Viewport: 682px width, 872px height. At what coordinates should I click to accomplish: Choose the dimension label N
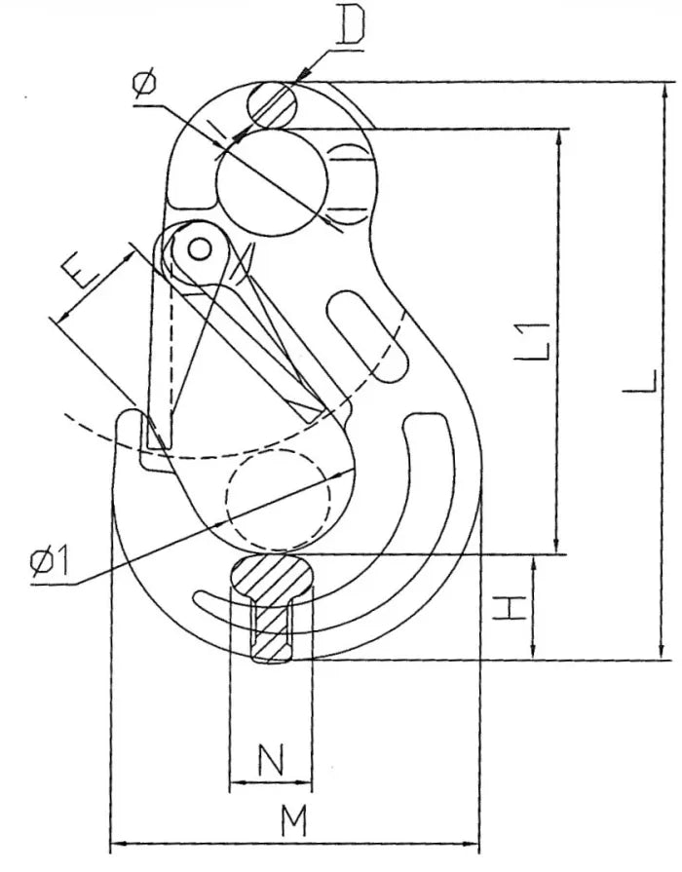(271, 760)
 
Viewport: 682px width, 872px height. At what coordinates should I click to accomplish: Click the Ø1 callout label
(50, 560)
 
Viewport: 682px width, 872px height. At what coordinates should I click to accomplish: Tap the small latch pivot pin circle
(199, 248)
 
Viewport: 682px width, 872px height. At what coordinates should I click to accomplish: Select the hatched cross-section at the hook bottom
(271, 607)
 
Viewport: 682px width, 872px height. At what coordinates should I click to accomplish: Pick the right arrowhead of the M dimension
(471, 846)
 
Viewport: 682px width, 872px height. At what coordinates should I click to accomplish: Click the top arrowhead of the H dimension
(533, 563)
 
